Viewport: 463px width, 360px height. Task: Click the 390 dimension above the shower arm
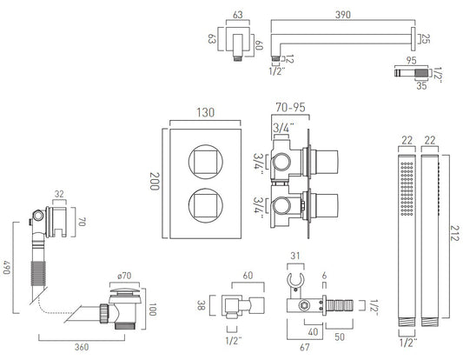[343, 15]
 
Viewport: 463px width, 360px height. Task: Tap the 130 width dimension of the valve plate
[206, 113]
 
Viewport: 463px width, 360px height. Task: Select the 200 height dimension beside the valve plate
[155, 181]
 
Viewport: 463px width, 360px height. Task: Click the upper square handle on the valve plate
[206, 162]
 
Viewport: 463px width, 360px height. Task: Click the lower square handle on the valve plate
[206, 205]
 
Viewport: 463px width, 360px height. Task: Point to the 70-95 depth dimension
[290, 107]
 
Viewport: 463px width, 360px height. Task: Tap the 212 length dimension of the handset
[455, 233]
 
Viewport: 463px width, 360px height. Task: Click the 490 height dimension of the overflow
[7, 267]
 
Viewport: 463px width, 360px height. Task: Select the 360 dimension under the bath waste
[82, 347]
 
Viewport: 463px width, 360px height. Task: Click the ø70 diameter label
[124, 276]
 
